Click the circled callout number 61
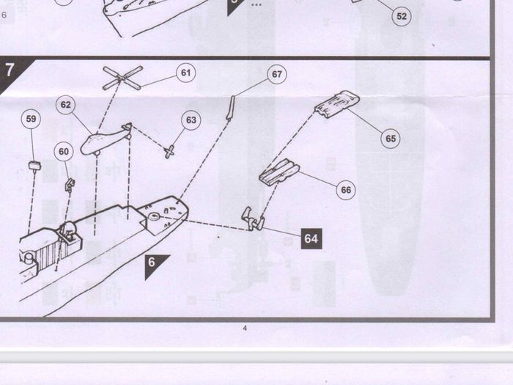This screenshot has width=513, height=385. (x=186, y=73)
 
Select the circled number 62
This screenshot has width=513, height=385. (x=66, y=105)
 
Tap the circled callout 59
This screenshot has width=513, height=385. (x=31, y=119)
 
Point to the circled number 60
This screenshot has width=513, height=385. (x=64, y=152)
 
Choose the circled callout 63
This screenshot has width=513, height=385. (x=191, y=120)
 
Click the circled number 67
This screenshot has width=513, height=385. (x=277, y=74)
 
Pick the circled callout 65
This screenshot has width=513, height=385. (x=391, y=139)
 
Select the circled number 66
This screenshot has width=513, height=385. (x=346, y=190)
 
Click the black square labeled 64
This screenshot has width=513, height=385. (x=311, y=238)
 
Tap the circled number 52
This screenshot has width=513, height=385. (x=402, y=16)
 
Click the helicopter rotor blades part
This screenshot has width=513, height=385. (x=122, y=78)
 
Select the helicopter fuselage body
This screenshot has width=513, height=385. (x=105, y=140)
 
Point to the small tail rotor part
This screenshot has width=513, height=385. (x=169, y=152)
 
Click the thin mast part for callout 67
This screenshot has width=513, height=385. (x=230, y=107)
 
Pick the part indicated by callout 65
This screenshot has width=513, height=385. (x=337, y=104)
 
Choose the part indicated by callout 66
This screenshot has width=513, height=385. (x=279, y=172)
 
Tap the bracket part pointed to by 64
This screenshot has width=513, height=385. (x=253, y=219)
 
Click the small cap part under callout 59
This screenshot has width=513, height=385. (x=34, y=165)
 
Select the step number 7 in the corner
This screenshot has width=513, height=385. (x=10, y=70)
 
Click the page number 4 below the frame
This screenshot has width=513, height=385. (x=245, y=328)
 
